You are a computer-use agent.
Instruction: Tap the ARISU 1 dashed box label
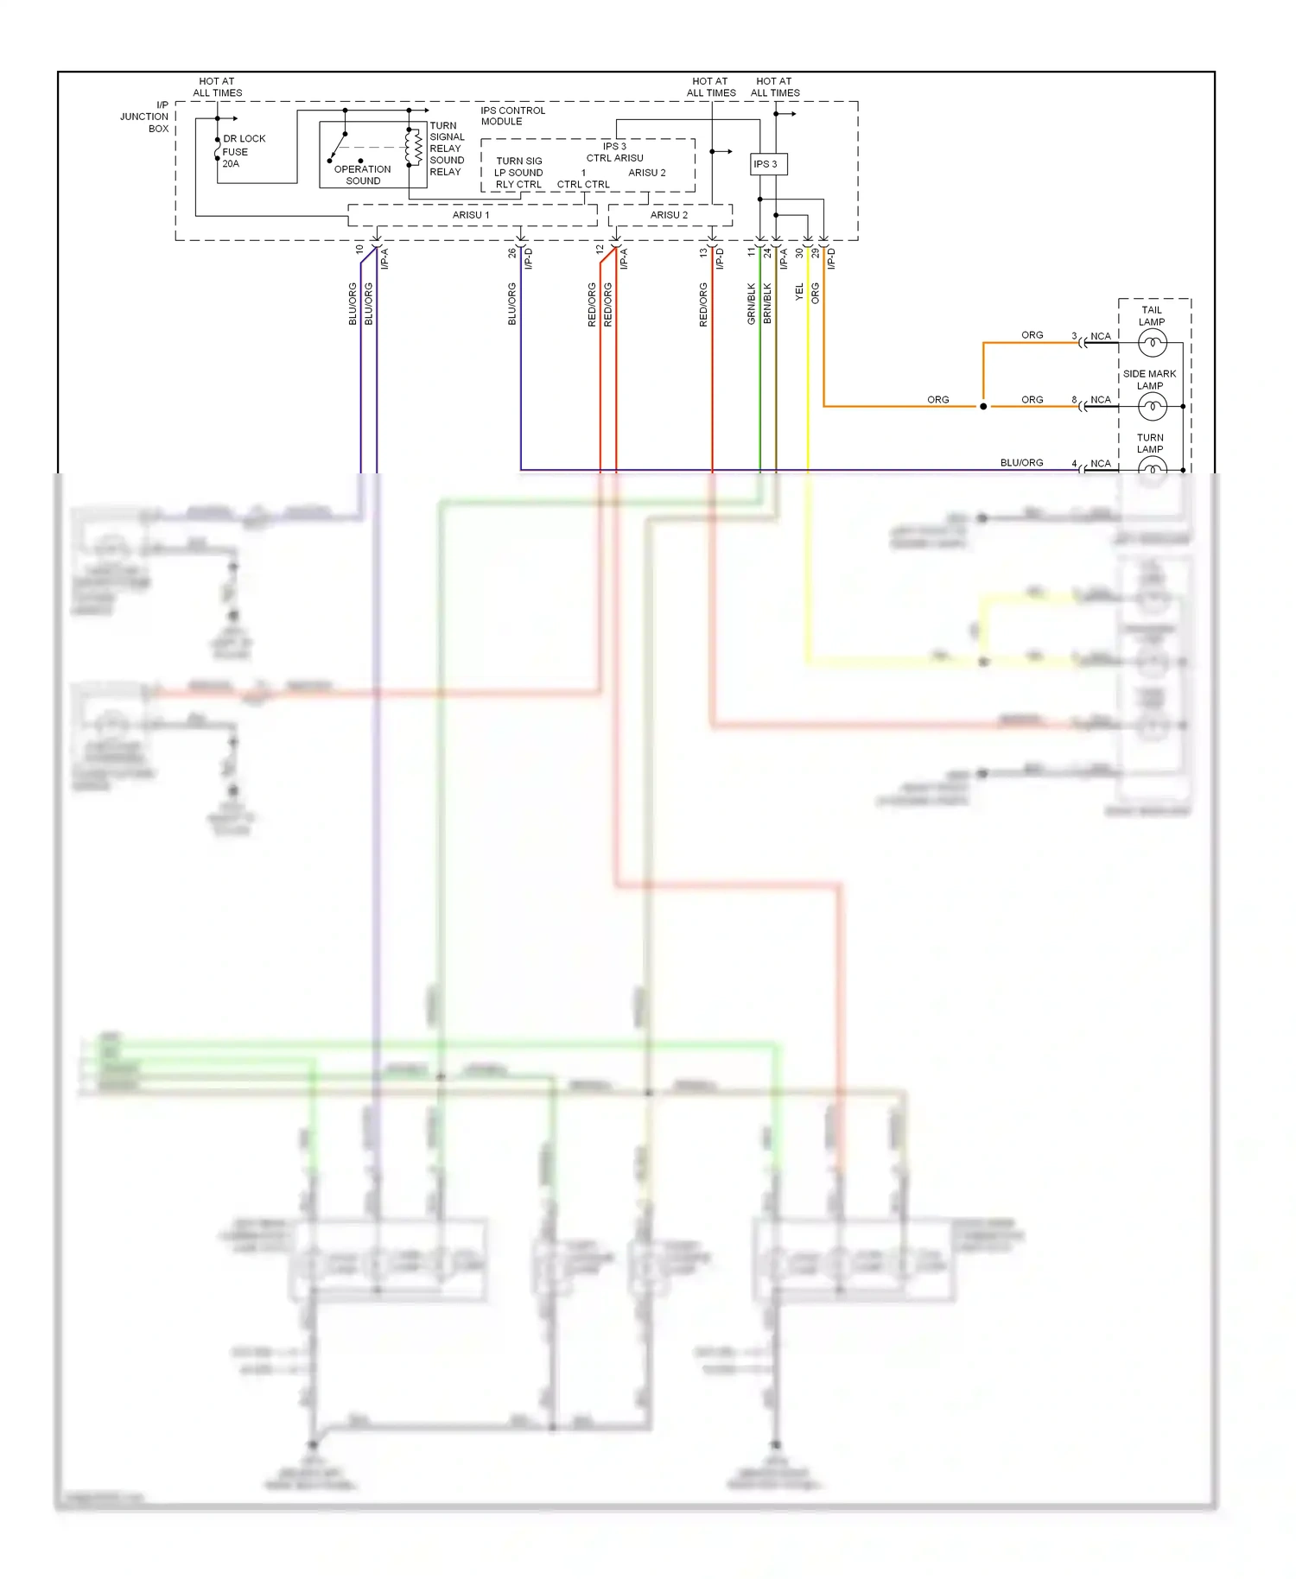pyautogui.click(x=471, y=215)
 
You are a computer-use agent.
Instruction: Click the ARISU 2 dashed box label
pyautogui.click(x=669, y=215)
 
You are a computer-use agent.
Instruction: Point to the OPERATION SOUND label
pyautogui.click(x=362, y=174)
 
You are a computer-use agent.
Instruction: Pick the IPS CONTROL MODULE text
pyautogui.click(x=512, y=116)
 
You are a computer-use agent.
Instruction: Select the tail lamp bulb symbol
pyautogui.click(x=1152, y=343)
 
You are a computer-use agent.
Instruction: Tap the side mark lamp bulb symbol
pyautogui.click(x=1152, y=406)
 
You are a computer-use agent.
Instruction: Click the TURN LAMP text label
pyautogui.click(x=1149, y=443)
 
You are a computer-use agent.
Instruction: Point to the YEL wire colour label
pyautogui.click(x=799, y=292)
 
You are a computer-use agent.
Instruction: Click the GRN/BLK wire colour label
pyautogui.click(x=751, y=303)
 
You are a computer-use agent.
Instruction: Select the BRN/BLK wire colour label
pyautogui.click(x=767, y=303)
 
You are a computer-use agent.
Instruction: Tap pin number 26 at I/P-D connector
pyautogui.click(x=511, y=253)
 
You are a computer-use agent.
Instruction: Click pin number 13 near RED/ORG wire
pyautogui.click(x=703, y=253)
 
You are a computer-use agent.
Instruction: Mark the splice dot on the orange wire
pyautogui.click(x=982, y=406)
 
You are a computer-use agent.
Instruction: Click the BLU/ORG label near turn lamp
pyautogui.click(x=1021, y=463)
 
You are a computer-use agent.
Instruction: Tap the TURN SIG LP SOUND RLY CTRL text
pyautogui.click(x=518, y=173)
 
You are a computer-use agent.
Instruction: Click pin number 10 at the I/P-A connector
pyautogui.click(x=359, y=249)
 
